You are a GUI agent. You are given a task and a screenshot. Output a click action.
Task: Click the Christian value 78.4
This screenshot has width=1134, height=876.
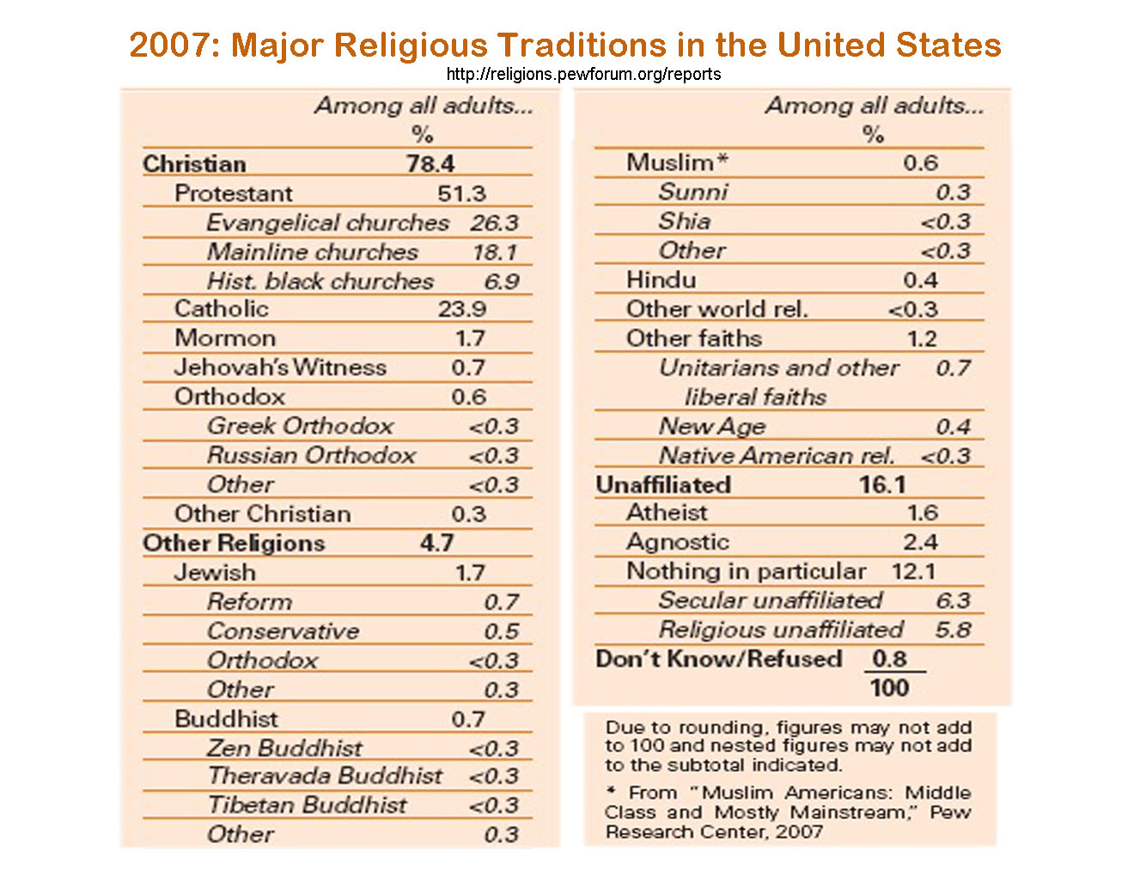point(430,163)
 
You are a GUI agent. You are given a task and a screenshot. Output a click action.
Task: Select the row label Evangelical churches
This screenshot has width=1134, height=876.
point(327,222)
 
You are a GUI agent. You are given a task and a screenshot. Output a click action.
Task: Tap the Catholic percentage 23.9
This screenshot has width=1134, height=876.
point(461,308)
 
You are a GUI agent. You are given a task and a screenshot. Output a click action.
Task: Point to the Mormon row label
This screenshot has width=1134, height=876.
point(225,338)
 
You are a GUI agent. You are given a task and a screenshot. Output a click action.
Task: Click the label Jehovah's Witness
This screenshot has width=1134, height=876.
point(280,368)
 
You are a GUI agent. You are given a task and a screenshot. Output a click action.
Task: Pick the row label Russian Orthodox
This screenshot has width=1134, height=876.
point(311,455)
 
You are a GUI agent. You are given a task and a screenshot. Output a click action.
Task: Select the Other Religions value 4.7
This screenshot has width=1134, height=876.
point(436,543)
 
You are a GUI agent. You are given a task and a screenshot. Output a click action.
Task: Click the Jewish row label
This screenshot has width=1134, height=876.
point(215,572)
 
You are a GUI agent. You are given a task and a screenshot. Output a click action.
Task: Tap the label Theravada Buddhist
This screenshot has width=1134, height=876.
point(325,776)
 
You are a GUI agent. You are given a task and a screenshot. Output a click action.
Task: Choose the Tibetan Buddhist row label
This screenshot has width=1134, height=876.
point(307,805)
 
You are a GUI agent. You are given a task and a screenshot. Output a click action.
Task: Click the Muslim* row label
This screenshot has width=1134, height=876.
point(677,162)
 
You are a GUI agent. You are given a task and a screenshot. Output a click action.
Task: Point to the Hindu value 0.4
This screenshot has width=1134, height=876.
point(920,280)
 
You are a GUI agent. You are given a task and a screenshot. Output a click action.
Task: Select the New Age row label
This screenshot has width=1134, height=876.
point(711,427)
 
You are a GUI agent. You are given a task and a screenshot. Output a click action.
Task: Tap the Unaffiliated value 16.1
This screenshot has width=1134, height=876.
point(882,484)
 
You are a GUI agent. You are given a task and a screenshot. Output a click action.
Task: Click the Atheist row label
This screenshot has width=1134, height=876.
point(667,513)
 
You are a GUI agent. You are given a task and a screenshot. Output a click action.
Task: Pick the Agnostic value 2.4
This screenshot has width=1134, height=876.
point(920,542)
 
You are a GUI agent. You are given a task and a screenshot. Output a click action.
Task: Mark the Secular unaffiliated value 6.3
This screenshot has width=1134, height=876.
point(953,600)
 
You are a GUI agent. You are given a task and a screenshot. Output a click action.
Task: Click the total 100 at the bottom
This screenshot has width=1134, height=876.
point(889,688)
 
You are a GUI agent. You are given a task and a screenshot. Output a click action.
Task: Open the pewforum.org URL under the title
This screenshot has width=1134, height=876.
point(583,74)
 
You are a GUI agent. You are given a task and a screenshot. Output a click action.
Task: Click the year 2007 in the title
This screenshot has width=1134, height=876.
point(174,45)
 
